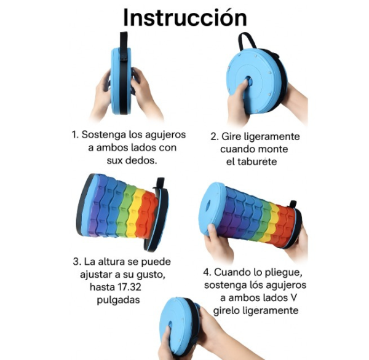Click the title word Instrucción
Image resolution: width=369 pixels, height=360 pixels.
coord(185,17)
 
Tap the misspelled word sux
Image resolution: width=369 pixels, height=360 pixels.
coord(114,160)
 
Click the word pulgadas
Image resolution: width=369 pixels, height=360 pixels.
coord(118,300)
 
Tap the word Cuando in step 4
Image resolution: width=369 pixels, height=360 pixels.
coord(231,272)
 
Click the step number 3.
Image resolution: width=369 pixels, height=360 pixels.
coord(76,262)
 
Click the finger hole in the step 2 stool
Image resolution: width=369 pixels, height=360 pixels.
coord(248,80)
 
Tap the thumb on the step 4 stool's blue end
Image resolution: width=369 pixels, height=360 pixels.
coord(212,231)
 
